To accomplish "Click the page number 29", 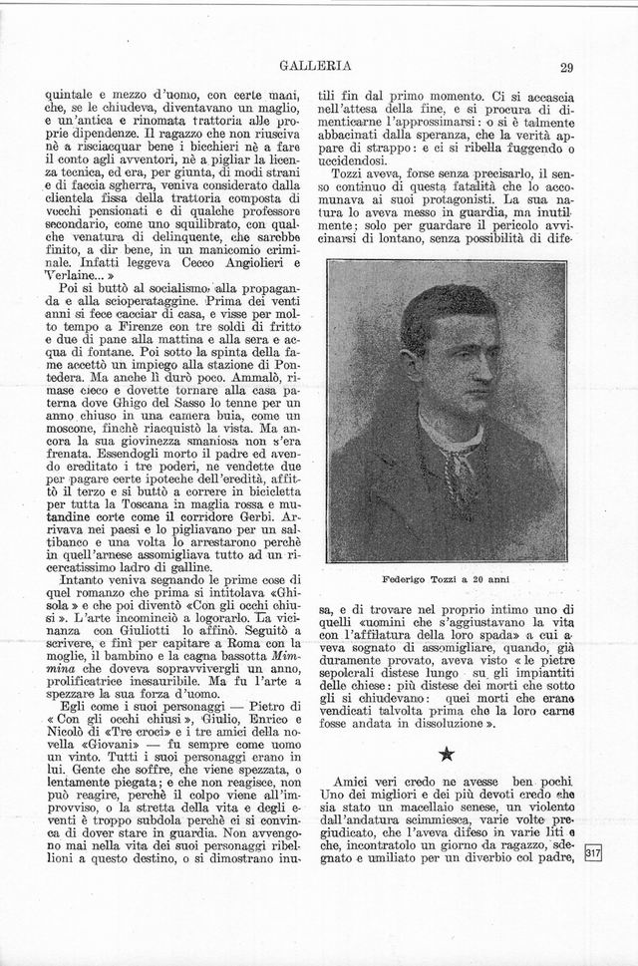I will pyautogui.click(x=566, y=68).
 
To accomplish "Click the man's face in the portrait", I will pyautogui.click(x=447, y=371).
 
